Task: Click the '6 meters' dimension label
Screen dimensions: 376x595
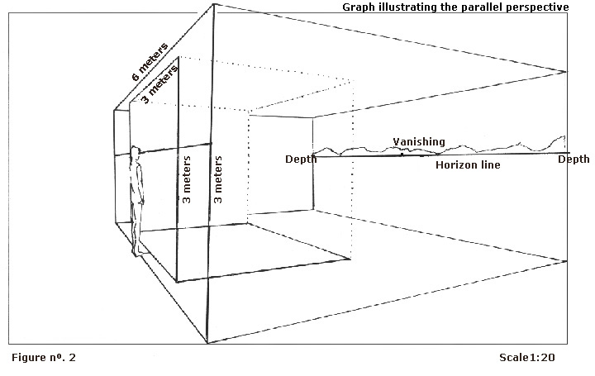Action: pyautogui.click(x=150, y=61)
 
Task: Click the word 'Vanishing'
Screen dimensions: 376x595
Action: pyautogui.click(x=419, y=142)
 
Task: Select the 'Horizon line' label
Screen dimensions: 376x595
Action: pyautogui.click(x=468, y=165)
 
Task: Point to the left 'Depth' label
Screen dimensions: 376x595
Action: pyautogui.click(x=301, y=159)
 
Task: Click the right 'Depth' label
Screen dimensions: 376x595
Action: pyautogui.click(x=574, y=159)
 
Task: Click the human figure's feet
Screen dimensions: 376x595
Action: pyautogui.click(x=137, y=250)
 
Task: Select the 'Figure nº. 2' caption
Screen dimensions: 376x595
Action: pyautogui.click(x=45, y=358)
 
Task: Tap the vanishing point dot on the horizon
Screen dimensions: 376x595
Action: pyautogui.click(x=402, y=155)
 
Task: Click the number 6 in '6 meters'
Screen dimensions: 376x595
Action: pyautogui.click(x=135, y=76)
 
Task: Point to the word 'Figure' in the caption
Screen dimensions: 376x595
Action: pyautogui.click(x=31, y=358)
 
